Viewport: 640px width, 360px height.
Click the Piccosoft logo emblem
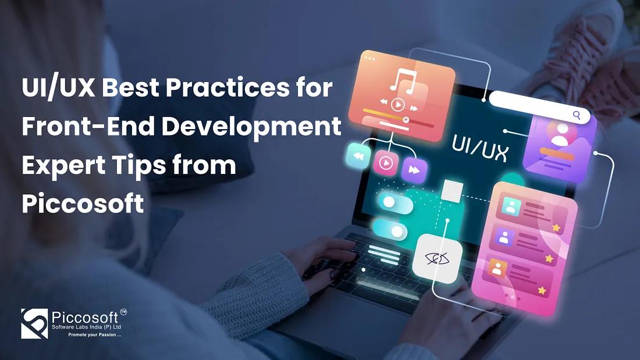click(x=34, y=323)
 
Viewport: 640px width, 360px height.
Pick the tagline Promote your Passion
click(x=94, y=335)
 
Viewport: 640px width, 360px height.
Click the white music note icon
click(x=401, y=81)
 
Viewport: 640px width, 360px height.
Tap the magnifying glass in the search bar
click(x=577, y=115)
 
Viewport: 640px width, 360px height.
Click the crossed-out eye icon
click(x=438, y=258)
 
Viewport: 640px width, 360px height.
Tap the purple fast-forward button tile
click(x=414, y=170)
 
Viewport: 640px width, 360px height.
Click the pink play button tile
click(x=385, y=163)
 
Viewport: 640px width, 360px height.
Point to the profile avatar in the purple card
click(x=559, y=136)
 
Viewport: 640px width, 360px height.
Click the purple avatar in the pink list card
click(x=504, y=237)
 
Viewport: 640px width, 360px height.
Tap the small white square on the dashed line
click(x=453, y=190)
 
